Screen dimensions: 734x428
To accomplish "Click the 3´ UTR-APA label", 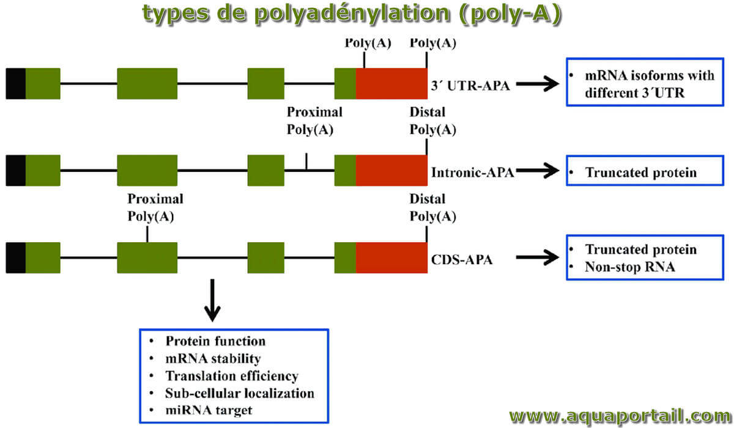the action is [x=470, y=86].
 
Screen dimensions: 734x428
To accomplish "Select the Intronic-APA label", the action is [x=472, y=172].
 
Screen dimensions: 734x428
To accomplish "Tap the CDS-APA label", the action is [x=461, y=260].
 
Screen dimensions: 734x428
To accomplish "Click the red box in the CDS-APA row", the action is [x=391, y=257].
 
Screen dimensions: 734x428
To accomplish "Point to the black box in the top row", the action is [x=16, y=84].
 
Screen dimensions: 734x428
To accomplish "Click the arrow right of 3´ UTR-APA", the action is [x=538, y=84].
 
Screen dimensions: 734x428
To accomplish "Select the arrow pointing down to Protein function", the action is [x=212, y=300].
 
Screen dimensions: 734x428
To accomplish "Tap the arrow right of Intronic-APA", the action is [x=538, y=171].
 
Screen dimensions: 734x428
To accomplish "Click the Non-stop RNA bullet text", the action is [x=630, y=267].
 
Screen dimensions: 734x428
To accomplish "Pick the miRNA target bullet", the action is [x=209, y=410].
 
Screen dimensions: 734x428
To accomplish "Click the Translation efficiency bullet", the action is [x=232, y=375].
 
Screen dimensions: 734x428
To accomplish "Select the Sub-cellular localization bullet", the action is [x=240, y=393].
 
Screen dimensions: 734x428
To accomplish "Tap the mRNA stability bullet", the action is [x=213, y=358].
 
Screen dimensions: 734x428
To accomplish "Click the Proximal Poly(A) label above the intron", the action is [x=314, y=121].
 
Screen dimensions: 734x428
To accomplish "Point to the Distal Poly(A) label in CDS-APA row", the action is [x=432, y=208].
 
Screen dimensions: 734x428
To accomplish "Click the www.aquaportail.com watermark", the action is [x=620, y=416].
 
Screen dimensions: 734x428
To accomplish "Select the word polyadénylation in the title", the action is [x=352, y=13].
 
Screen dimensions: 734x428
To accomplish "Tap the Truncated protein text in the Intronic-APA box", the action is [x=641, y=172].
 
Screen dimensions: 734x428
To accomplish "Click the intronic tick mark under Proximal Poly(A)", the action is [x=306, y=161].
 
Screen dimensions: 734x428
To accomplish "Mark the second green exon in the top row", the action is [x=147, y=84].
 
